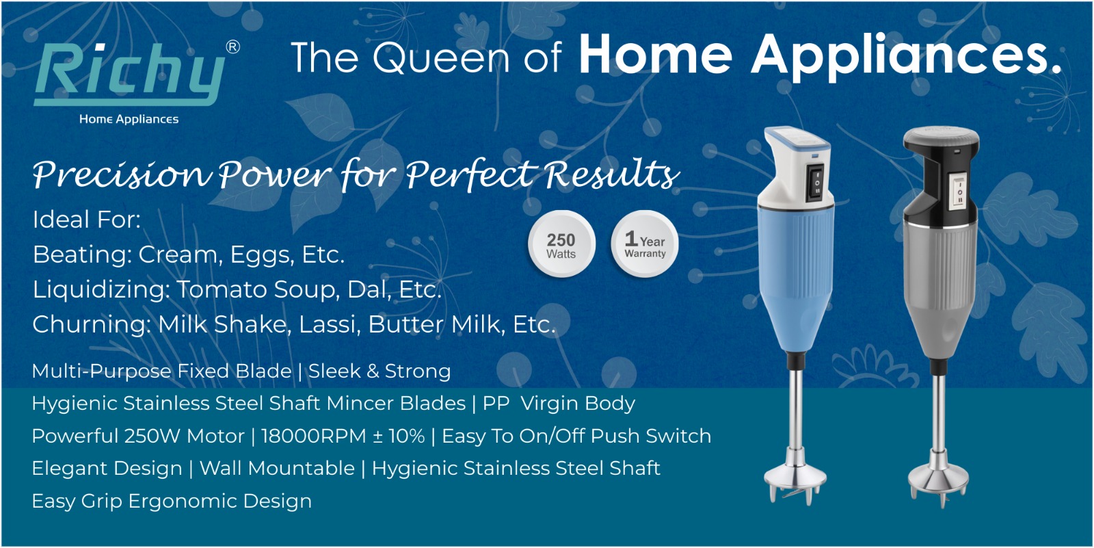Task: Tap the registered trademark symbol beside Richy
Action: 233,47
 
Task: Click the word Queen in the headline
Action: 441,57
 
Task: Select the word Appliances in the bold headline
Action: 907,56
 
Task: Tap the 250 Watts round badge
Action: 561,244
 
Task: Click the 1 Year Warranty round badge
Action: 645,244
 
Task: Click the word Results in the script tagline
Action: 612,174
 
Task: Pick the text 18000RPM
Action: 314,436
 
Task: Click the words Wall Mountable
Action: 277,469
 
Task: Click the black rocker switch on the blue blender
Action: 816,182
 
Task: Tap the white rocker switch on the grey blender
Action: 959,192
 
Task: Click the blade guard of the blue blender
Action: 795,481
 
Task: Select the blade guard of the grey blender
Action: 938,482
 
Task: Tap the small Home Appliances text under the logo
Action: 129,119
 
